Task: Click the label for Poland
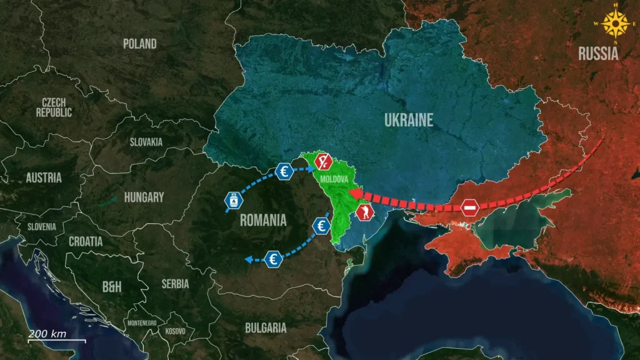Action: click(x=139, y=44)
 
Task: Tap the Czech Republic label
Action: click(x=54, y=107)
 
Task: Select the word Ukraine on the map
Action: click(x=408, y=120)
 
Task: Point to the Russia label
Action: click(x=598, y=54)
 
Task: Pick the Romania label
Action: click(x=263, y=220)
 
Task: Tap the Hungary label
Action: click(x=144, y=197)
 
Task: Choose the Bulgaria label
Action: click(x=266, y=327)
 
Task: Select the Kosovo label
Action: click(x=176, y=331)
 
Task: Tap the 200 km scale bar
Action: click(x=56, y=340)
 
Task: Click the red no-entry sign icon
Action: click(x=470, y=207)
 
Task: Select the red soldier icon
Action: click(x=365, y=212)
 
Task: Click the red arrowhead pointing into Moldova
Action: click(x=353, y=193)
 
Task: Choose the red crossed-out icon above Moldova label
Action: click(x=322, y=161)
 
